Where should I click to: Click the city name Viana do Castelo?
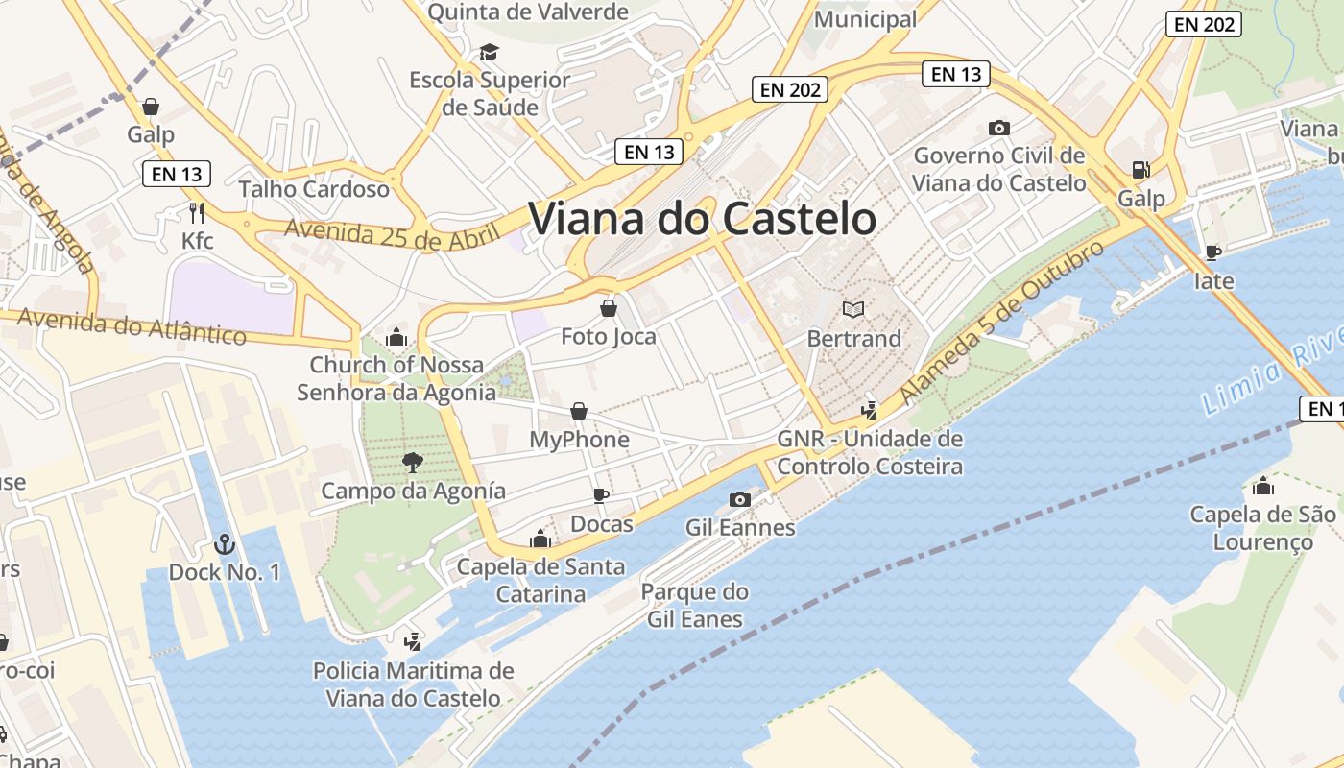702,219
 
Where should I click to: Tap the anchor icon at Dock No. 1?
224,544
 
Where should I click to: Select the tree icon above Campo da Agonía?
413,463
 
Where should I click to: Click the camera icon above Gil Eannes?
739,499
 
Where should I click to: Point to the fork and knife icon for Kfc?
198,212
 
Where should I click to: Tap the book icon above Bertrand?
853,309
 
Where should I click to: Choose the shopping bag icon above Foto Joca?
609,308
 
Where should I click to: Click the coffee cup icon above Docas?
601,495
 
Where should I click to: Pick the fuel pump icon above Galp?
1140,170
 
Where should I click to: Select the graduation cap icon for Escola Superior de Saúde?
490,52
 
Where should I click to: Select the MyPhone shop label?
580,440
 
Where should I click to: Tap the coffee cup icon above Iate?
1213,252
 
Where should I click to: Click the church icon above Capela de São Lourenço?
1263,486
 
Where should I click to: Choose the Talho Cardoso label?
314,188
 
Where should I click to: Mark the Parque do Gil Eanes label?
695,605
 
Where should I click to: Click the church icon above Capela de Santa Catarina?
540,539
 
